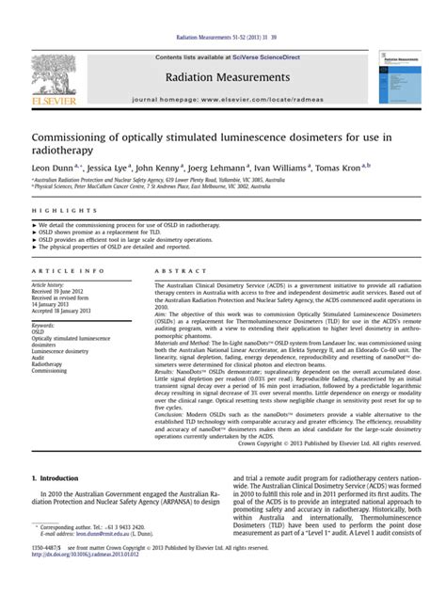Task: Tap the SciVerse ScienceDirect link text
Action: coord(263,57)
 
